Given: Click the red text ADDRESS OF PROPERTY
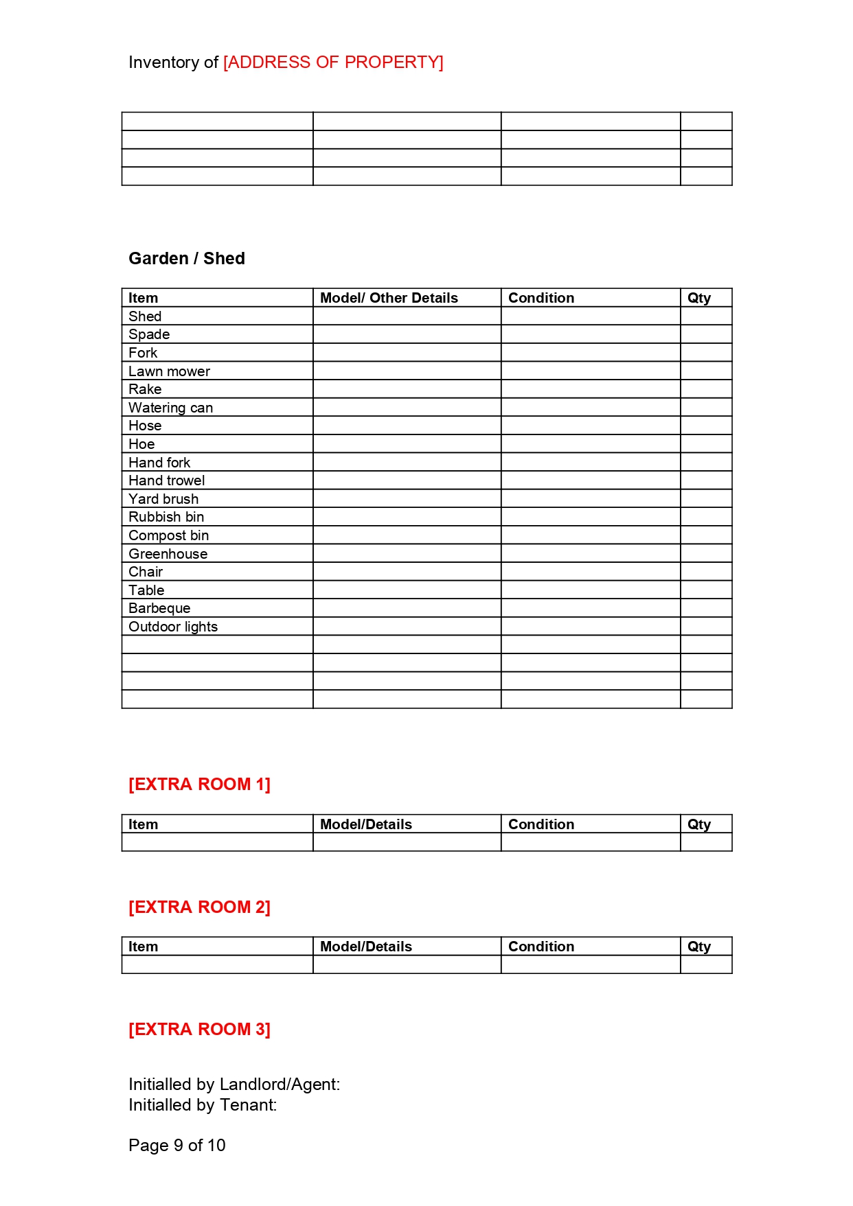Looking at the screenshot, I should point(333,62).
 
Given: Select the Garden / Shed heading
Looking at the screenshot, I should point(187,259).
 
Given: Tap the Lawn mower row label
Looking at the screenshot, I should point(169,371).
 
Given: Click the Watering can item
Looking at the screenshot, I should point(170,408).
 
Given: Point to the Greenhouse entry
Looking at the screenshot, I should point(168,554).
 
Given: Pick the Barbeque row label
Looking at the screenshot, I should point(159,608).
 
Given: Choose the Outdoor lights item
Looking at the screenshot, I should point(173,627).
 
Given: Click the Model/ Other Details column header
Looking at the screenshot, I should point(389,298).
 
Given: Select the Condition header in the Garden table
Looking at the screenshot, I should point(541,298).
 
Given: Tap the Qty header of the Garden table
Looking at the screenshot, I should point(699,298).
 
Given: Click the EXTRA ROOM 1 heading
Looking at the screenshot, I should point(199,785).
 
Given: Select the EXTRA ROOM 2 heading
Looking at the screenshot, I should point(199,907).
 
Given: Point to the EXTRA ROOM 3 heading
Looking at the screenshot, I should point(199,1030).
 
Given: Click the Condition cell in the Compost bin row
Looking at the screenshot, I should point(591,535).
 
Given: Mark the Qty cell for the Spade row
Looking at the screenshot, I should point(706,334).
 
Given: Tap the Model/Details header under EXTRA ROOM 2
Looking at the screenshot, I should point(366,947).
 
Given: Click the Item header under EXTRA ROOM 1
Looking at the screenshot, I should point(143,824).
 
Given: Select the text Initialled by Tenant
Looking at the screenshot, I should point(203,1105).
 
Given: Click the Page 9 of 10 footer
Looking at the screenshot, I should point(177,1146).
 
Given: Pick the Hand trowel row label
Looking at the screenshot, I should point(167,480).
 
